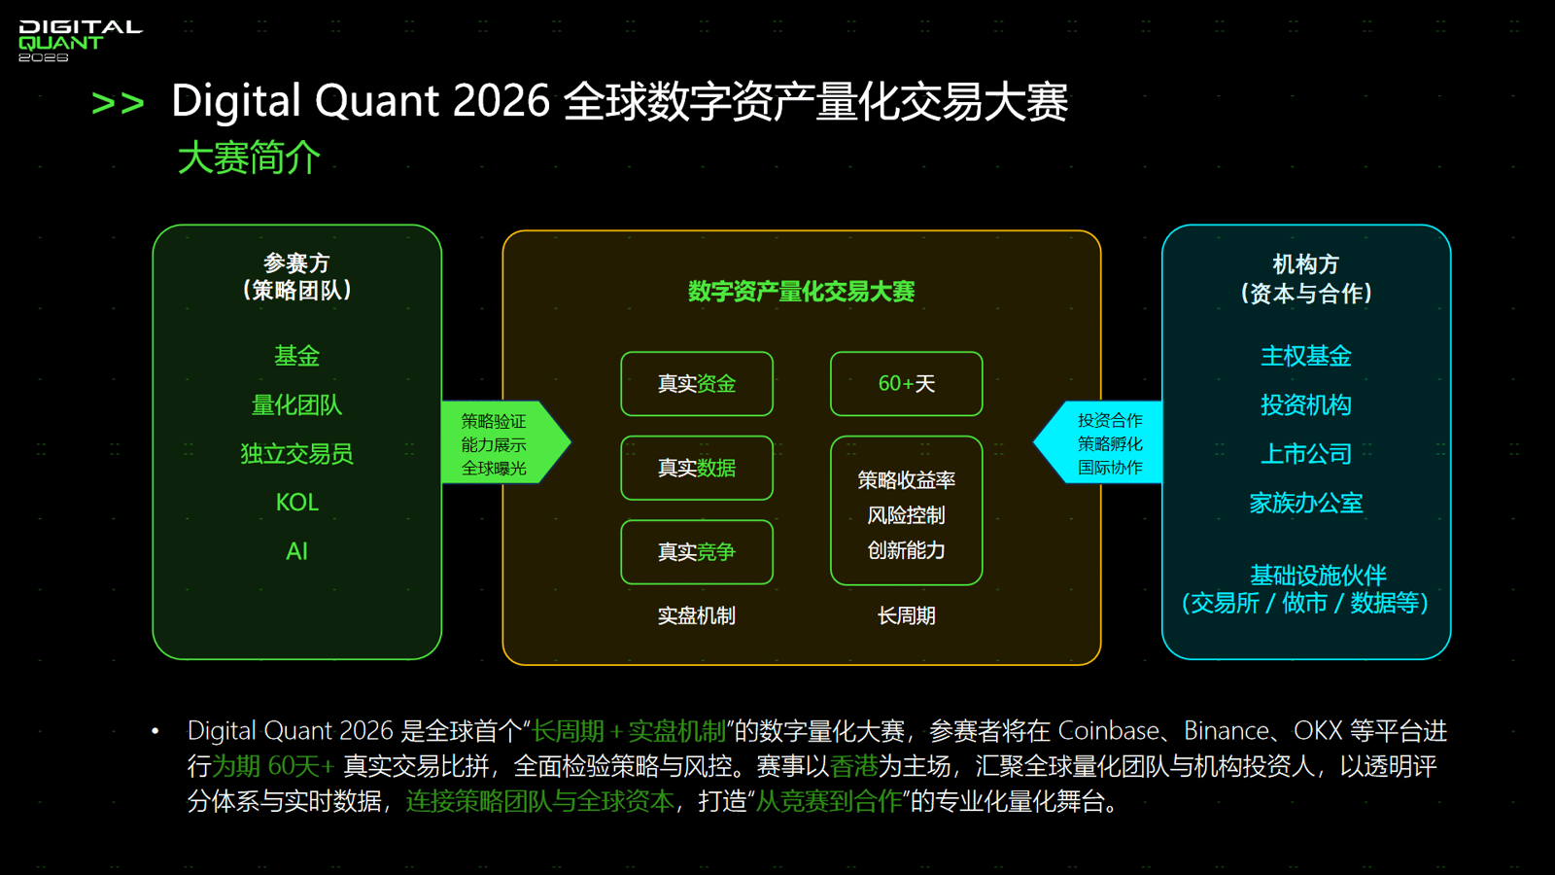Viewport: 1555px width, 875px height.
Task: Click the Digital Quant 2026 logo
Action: click(80, 41)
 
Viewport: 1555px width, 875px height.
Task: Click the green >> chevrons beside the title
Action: click(118, 103)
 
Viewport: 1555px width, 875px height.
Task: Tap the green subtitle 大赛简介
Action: click(249, 157)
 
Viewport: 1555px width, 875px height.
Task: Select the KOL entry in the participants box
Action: click(297, 502)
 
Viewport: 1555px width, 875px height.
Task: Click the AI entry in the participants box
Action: click(297, 551)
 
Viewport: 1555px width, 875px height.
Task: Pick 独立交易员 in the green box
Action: click(297, 453)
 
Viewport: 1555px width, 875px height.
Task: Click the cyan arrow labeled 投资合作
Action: click(1098, 442)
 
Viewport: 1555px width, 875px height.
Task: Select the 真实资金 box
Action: click(697, 384)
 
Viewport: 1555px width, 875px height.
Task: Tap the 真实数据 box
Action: click(697, 468)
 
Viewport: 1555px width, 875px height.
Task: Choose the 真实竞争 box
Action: click(697, 552)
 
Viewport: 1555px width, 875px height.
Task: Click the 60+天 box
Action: click(907, 384)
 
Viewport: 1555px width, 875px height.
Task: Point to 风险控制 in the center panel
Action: click(907, 515)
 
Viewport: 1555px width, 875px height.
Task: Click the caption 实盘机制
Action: click(697, 616)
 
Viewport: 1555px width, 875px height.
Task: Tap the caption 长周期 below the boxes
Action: click(907, 616)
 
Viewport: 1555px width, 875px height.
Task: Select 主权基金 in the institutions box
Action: click(1306, 356)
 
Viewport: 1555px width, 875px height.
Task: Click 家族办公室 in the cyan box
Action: click(1306, 503)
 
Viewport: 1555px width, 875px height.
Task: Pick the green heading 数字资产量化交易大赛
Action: click(802, 292)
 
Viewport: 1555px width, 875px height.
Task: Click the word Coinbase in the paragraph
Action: click(1109, 731)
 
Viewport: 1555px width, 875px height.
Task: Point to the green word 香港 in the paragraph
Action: click(854, 767)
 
